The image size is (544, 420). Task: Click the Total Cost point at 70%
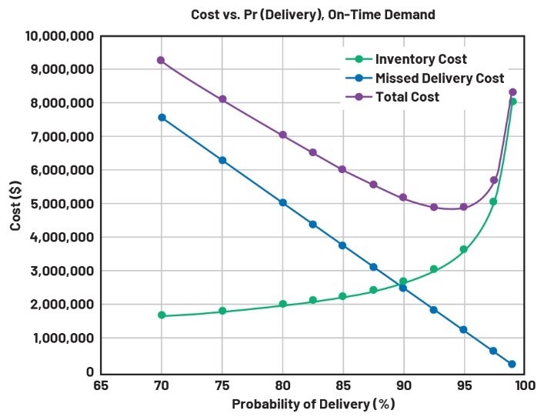point(162,60)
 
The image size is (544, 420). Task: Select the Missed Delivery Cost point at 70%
point(162,118)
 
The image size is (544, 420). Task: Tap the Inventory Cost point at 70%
point(162,315)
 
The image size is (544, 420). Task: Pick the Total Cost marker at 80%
point(282,135)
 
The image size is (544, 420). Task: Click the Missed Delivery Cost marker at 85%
point(342,245)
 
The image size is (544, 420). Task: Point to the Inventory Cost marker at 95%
point(463,249)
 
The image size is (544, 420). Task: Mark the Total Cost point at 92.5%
point(433,207)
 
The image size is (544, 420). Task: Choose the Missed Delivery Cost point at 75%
point(222,160)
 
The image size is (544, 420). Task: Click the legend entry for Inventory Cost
point(420,59)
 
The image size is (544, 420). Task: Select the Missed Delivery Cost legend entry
point(439,78)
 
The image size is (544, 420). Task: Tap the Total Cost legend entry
point(407,97)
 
